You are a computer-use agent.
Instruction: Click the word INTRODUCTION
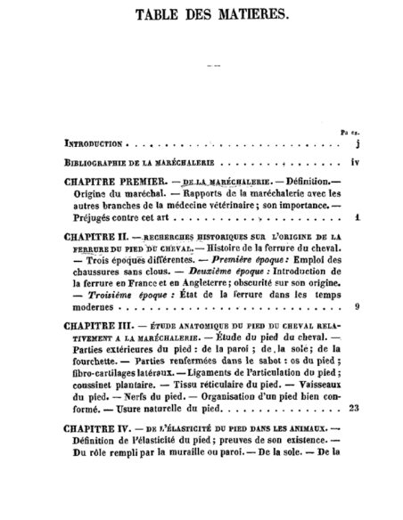point(93,142)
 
